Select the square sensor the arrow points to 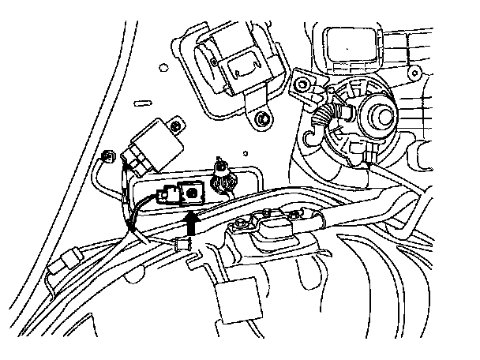191,191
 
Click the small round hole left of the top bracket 163,69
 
